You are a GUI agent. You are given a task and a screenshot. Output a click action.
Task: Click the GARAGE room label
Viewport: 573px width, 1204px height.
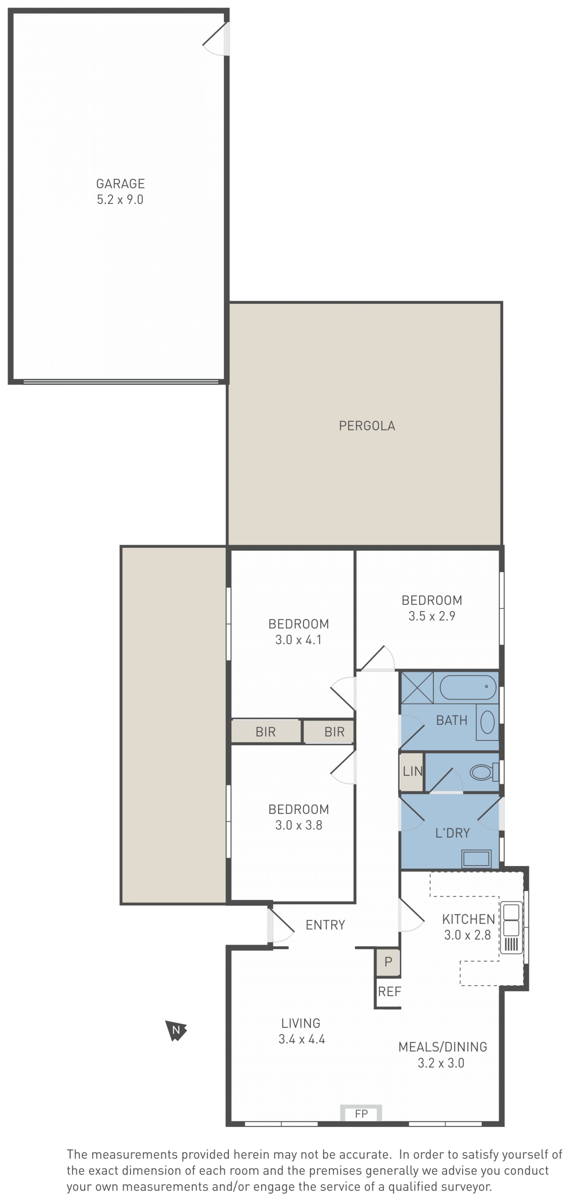coord(120,184)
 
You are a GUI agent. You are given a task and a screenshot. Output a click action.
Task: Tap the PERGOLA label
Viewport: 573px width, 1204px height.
coord(367,426)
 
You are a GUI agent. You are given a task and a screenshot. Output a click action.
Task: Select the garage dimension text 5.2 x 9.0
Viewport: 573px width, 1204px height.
coord(120,200)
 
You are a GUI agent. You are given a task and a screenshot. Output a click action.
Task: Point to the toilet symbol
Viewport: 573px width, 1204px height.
coord(484,772)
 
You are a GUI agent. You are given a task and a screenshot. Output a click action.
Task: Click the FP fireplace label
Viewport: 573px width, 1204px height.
coord(361,1114)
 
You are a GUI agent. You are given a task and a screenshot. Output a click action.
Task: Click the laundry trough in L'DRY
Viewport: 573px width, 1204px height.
coord(476,858)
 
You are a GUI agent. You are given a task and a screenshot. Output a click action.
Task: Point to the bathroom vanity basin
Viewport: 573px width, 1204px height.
coord(487,722)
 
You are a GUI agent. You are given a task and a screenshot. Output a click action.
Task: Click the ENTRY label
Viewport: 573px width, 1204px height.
coord(325,925)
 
